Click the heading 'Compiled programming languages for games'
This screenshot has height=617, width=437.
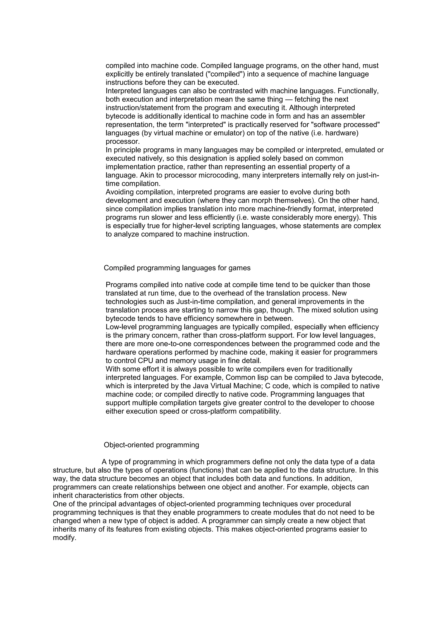[177, 268]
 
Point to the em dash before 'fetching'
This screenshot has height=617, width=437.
[289, 99]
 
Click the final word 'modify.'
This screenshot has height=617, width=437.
[65, 538]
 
